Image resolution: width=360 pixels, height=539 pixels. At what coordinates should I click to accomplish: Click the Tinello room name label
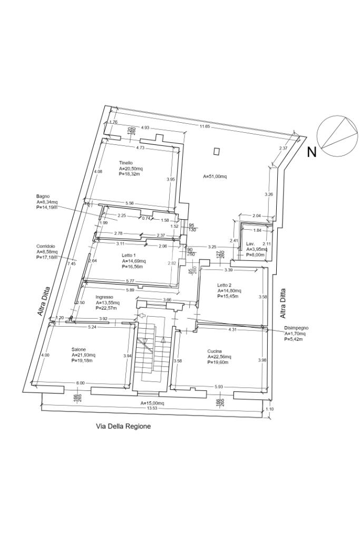(x=125, y=163)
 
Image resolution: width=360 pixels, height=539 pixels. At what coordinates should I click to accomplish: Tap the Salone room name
(x=79, y=349)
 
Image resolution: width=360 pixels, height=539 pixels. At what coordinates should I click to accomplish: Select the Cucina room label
(x=214, y=351)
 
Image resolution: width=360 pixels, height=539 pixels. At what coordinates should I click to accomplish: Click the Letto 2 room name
(x=224, y=285)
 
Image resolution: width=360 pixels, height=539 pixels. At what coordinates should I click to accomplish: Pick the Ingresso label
(x=104, y=297)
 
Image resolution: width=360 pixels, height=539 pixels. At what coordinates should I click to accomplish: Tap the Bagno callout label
(x=43, y=196)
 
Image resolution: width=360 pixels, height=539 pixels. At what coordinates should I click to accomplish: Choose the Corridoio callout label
(x=45, y=246)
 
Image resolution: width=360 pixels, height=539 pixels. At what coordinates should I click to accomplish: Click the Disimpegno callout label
(x=296, y=328)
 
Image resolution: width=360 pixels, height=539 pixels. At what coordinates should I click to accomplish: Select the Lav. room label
(x=250, y=244)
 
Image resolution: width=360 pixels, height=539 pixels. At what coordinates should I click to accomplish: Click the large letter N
(x=312, y=153)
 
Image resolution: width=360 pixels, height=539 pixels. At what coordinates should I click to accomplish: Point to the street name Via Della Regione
(x=123, y=426)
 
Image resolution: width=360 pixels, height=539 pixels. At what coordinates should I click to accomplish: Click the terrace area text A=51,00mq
(x=215, y=177)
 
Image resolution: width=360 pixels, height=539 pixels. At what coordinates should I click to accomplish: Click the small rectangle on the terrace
(x=216, y=151)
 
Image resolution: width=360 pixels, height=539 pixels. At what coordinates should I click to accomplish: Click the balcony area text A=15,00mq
(x=152, y=403)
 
